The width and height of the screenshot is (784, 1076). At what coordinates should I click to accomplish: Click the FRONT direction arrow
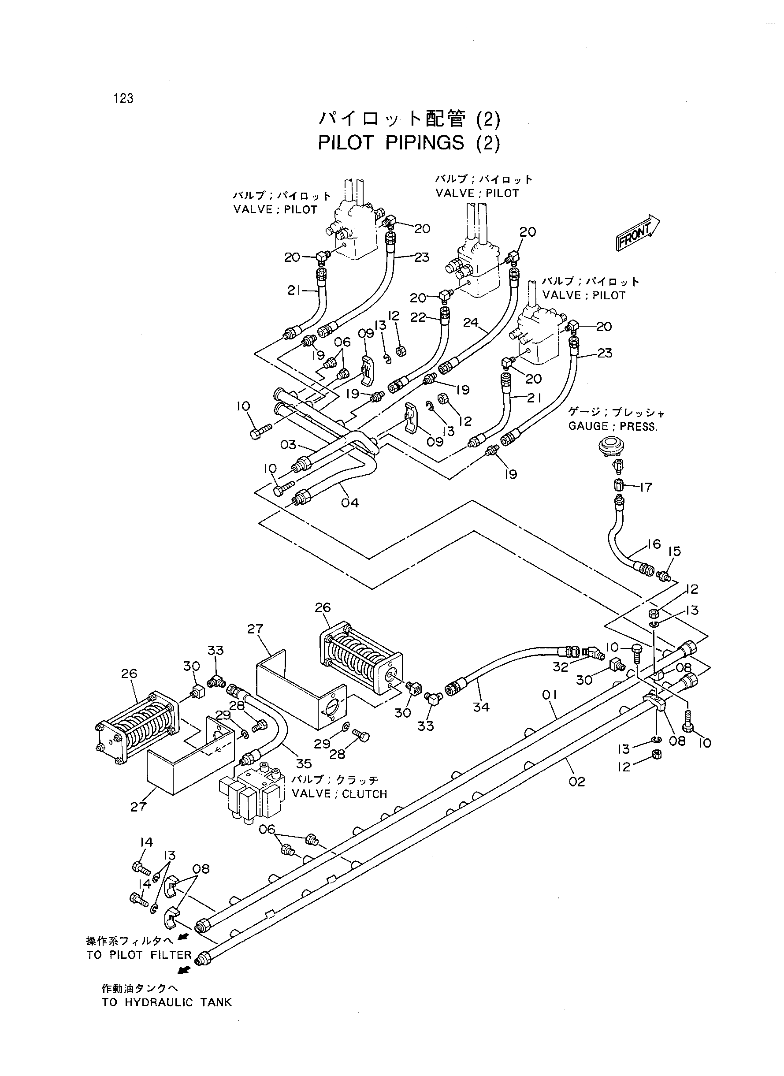[637, 233]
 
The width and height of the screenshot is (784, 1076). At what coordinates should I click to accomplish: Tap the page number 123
[123, 98]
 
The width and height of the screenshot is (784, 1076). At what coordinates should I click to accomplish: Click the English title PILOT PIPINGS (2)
[409, 142]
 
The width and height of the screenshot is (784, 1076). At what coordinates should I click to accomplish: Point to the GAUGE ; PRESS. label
[613, 426]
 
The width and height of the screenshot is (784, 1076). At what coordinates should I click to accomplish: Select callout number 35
[304, 763]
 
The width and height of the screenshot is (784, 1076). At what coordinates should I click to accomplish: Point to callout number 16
[654, 544]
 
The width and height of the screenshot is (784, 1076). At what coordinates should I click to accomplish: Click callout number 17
[646, 487]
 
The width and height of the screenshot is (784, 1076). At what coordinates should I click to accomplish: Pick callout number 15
[674, 551]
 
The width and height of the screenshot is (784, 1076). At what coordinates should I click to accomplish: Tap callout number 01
[549, 695]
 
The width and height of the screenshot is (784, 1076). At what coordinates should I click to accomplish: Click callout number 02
[576, 781]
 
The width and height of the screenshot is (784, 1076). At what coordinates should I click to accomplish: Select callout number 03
[288, 444]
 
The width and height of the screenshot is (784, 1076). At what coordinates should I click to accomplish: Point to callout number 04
[350, 503]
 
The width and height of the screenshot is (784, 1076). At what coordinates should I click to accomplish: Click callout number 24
[471, 322]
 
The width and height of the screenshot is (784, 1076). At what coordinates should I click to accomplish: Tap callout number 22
[418, 317]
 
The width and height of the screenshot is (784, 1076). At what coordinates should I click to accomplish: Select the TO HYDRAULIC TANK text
[167, 1002]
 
